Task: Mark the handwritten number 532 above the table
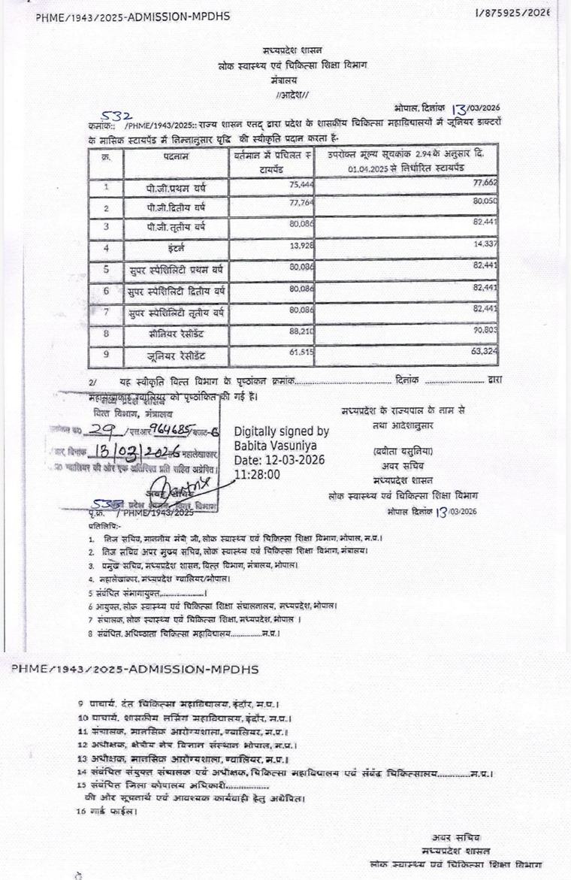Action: click(x=117, y=116)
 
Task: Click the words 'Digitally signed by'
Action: click(x=281, y=431)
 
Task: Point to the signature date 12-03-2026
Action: click(x=288, y=460)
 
